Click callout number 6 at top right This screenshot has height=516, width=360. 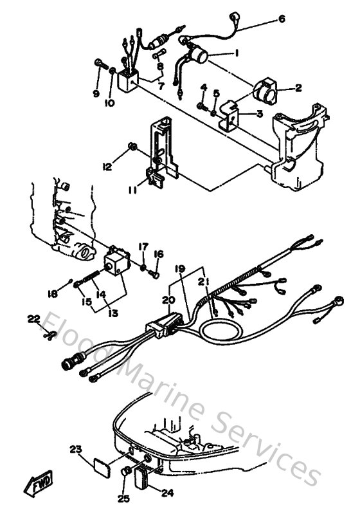point(281,19)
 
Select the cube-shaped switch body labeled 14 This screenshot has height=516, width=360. point(116,261)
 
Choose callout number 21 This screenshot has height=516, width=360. point(206,281)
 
